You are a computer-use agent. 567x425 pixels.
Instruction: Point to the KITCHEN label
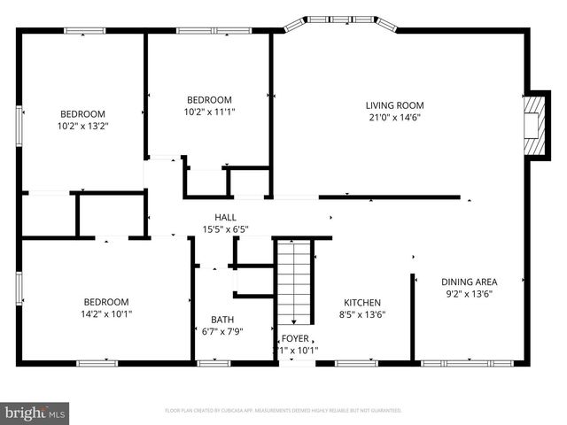[x=363, y=301]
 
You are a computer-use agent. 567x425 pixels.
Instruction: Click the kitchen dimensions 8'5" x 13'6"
[x=363, y=313]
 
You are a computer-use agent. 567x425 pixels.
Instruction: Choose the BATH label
[x=222, y=320]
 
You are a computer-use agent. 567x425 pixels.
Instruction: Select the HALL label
[x=225, y=218]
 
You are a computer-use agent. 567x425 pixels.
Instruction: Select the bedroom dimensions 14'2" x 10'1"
[x=106, y=313]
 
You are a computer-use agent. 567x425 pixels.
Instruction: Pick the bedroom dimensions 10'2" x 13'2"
[x=82, y=126]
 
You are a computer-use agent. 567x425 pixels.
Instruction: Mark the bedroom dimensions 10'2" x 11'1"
[x=209, y=112]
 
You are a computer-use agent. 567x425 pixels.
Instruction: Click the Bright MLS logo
[x=35, y=412]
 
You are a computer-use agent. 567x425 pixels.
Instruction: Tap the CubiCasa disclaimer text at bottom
[x=283, y=411]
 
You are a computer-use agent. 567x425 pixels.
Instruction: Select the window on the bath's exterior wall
[x=213, y=362]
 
